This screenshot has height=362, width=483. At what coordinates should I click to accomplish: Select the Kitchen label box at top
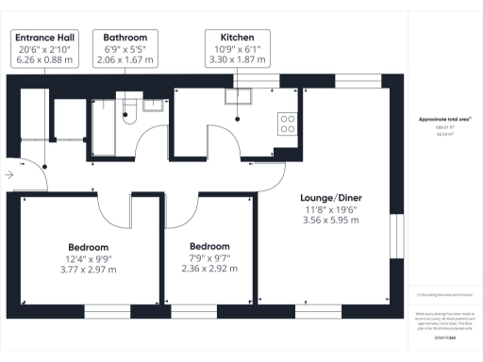click(236, 46)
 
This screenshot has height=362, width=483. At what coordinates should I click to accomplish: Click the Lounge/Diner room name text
click(330, 198)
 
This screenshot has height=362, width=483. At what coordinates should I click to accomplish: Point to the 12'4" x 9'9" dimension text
click(90, 258)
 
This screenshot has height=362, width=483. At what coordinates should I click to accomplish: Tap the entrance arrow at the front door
click(9, 175)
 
